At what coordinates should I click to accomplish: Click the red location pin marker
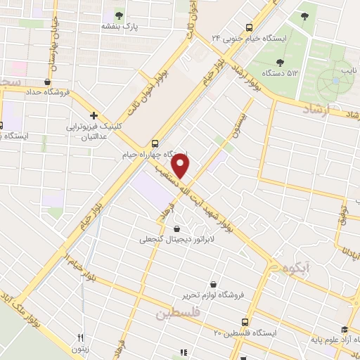point(181,166)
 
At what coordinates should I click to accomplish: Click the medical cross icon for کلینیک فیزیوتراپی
point(94,115)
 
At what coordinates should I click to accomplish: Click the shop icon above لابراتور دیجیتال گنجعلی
point(175,228)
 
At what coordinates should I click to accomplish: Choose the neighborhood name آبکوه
point(297,268)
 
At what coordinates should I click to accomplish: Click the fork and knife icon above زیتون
point(81,337)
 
